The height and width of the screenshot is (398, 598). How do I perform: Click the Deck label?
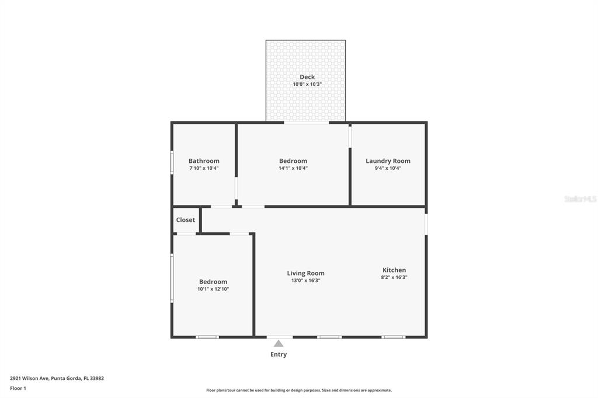[x=307, y=77]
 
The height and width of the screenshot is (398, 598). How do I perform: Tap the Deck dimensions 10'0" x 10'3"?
[x=307, y=85]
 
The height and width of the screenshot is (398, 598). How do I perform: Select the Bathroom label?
[x=204, y=161]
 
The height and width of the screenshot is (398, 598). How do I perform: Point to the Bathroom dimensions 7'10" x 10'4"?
[x=204, y=168]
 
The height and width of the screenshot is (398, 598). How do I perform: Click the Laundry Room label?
[x=388, y=161]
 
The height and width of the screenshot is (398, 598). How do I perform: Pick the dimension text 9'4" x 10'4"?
[x=388, y=168]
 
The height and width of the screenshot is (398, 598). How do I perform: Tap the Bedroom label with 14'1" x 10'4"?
[x=293, y=161]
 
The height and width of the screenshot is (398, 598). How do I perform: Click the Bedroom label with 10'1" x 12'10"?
[x=213, y=282]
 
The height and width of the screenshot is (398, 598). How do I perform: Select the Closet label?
[x=186, y=220]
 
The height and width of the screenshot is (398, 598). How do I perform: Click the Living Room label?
[x=305, y=273]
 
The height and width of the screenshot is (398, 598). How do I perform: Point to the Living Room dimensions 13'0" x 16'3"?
[x=305, y=281]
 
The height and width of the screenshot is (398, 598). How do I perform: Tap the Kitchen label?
[x=394, y=270]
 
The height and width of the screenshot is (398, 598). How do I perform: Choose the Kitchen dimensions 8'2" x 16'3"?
[x=394, y=278]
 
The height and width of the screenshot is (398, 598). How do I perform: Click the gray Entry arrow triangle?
[x=279, y=344]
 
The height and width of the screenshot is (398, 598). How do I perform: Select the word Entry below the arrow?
[x=279, y=355]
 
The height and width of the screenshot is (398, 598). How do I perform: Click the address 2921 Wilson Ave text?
[x=57, y=378]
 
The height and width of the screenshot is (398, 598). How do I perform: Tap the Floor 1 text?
[x=18, y=388]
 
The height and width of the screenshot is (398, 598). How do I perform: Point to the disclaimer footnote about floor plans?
[x=299, y=390]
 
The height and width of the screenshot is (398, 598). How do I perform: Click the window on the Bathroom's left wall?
[x=172, y=162]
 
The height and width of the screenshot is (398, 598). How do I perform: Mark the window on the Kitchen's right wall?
[x=426, y=224]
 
